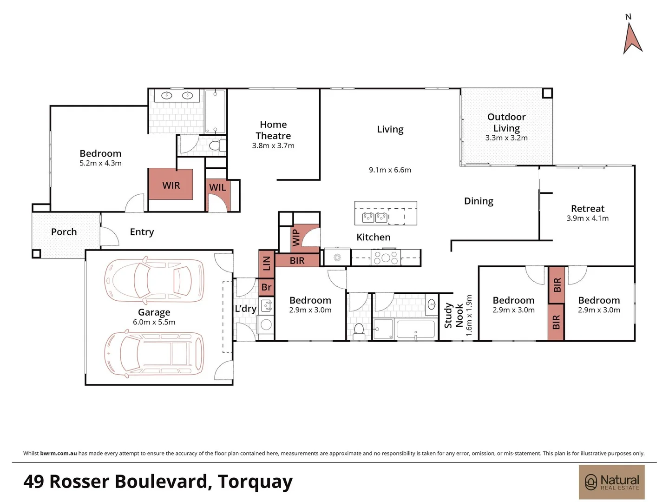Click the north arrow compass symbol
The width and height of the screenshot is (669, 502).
tap(632, 37)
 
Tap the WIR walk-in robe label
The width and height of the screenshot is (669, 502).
tap(171, 185)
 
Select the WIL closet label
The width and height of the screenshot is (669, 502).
tap(217, 187)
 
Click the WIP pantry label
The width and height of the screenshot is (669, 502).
tap(296, 237)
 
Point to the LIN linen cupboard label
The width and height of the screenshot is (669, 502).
tap(266, 263)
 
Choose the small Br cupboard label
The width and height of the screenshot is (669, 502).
tap(266, 287)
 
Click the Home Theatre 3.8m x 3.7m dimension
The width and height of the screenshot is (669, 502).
tap(273, 146)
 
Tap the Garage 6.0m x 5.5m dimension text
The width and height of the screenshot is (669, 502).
tap(154, 322)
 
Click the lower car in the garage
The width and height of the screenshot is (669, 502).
tap(154, 354)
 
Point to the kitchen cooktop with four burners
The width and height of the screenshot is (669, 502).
tap(385, 258)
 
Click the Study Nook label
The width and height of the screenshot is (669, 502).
tap(453, 316)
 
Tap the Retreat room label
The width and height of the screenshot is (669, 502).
tap(588, 209)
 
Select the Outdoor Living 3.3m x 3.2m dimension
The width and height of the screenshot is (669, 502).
tap(506, 138)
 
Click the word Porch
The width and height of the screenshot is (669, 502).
tap(64, 232)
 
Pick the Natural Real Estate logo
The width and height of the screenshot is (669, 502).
tap(611, 482)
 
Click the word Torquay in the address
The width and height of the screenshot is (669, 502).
tap(255, 482)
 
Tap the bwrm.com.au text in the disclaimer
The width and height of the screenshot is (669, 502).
tap(59, 453)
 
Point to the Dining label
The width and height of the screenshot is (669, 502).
tap(479, 201)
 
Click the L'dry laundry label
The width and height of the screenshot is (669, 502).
tap(245, 309)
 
